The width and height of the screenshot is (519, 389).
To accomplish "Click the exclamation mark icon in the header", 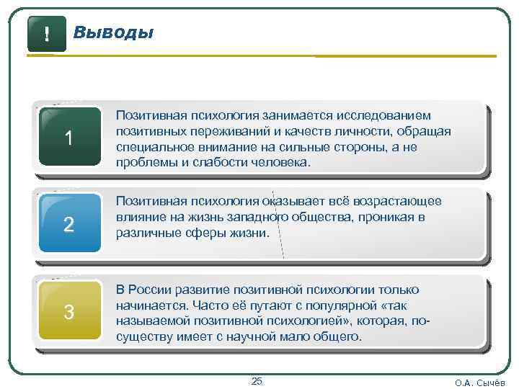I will pos(46,33).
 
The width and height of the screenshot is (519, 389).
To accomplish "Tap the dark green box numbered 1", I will pos(69,138).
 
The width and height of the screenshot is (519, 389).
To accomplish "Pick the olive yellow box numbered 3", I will pos(69,312).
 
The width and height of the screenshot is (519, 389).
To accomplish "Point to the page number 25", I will pos(257,380).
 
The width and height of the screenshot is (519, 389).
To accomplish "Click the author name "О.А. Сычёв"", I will pos(480,383).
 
